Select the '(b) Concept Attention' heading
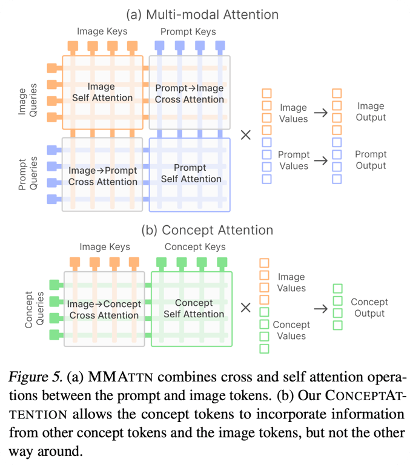pos(207,230)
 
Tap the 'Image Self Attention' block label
pos(102,92)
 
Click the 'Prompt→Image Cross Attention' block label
pos(189,94)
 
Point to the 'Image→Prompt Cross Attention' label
pos(102,176)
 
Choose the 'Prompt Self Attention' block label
pos(191,173)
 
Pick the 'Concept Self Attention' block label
pos(193,308)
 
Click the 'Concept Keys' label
pos(195,246)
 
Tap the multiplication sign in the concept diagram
pos(246,308)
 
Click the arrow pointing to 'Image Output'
pos(320,112)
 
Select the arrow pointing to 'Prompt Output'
pos(320,160)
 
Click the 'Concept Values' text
pos(291,331)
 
